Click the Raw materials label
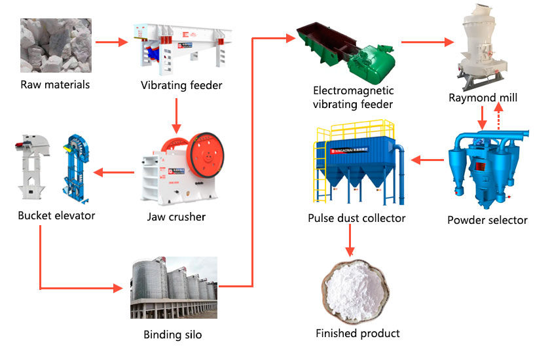pos(55,84)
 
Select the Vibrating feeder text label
pos(181,86)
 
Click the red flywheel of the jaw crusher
pos(208,158)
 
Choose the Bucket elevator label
pos(56,215)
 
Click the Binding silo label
pos(173,335)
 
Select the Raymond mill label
pos(483,98)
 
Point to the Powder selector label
pos(487,220)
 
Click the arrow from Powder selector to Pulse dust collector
pos(425,159)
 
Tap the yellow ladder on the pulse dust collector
pos(321,167)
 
